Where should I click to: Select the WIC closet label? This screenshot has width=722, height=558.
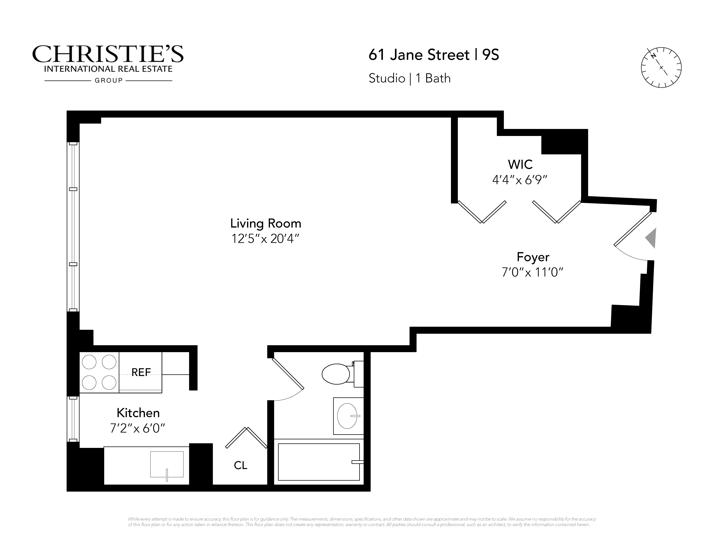tap(520, 164)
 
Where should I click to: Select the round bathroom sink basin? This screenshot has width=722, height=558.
tap(347, 416)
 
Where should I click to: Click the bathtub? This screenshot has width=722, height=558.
tap(319, 462)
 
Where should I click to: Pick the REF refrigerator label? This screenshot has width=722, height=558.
tap(141, 373)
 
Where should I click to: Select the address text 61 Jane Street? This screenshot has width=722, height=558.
tap(419, 55)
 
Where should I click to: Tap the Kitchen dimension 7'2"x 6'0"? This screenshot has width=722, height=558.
tap(137, 428)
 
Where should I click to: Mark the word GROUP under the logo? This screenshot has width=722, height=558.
tap(108, 80)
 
